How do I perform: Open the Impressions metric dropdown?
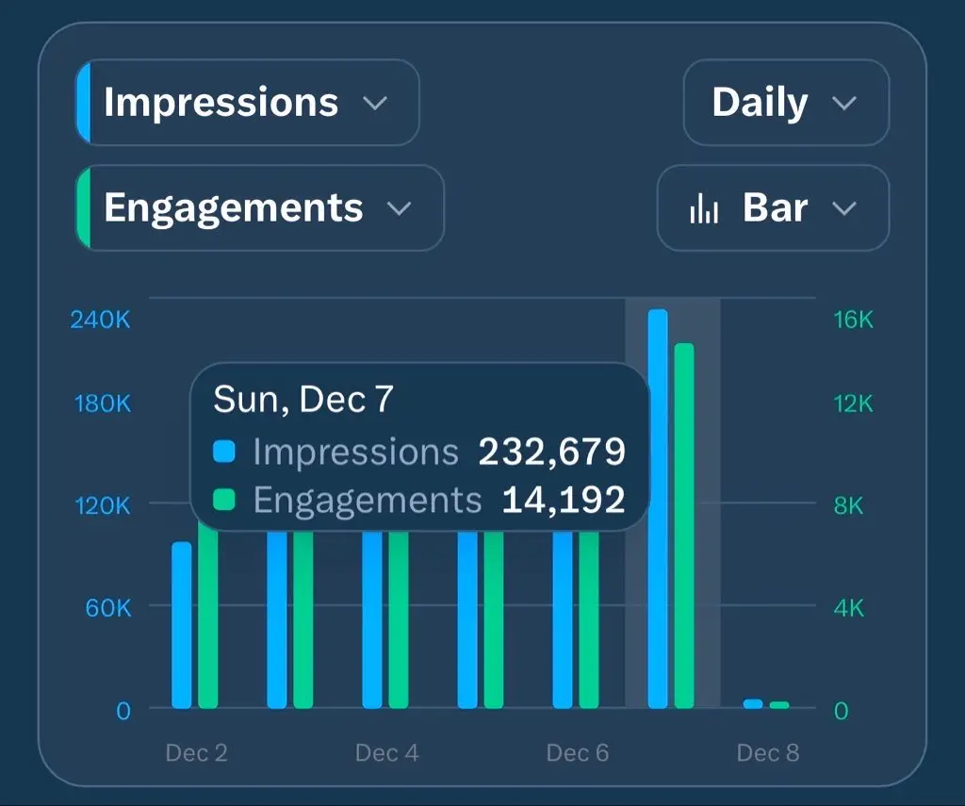[247, 103]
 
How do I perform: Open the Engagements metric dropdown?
[259, 208]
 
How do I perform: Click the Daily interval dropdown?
[785, 103]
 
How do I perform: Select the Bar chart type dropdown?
[773, 208]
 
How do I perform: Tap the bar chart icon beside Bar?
[704, 209]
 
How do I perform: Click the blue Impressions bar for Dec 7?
[658, 509]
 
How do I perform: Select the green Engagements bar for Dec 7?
[684, 526]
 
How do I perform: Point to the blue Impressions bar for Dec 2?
[181, 624]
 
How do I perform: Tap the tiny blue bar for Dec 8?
[753, 703]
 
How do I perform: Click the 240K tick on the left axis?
[101, 320]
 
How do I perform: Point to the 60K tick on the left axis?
[108, 608]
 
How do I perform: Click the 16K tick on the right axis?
[854, 320]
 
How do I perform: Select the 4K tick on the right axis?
[848, 608]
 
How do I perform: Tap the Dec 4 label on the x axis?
[386, 753]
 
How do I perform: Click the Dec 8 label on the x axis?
[768, 753]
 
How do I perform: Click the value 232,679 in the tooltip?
[552, 452]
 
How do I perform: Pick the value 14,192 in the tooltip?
[564, 500]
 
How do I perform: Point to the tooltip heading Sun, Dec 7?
[303, 401]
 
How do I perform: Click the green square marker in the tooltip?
[224, 500]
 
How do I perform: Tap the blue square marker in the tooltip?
[224, 452]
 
